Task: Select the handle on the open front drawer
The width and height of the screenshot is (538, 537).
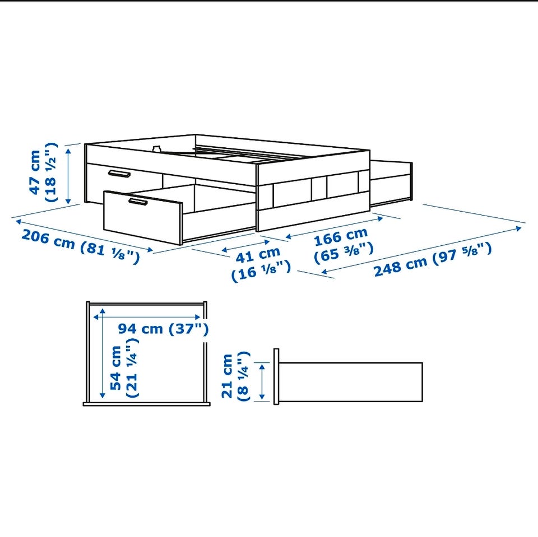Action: pyautogui.click(x=138, y=202)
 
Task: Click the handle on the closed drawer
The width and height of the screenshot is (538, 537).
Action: pyautogui.click(x=119, y=174)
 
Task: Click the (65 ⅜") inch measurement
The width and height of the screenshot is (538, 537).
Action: pyautogui.click(x=344, y=253)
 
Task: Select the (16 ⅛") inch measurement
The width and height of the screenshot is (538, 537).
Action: pyautogui.click(x=261, y=272)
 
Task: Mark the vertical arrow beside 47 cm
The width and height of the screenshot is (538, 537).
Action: pyautogui.click(x=68, y=174)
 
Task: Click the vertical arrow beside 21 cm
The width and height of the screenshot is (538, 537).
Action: pyautogui.click(x=262, y=382)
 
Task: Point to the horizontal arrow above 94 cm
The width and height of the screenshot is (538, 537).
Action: pyautogui.click(x=147, y=317)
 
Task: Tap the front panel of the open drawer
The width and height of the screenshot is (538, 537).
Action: pyautogui.click(x=143, y=218)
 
